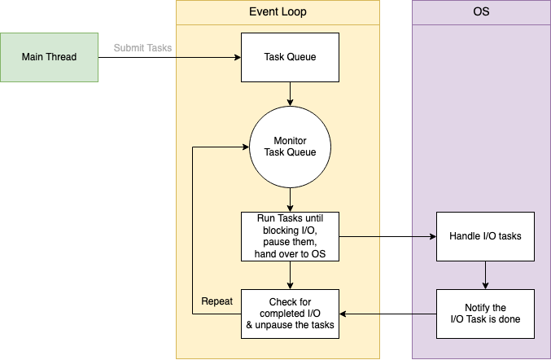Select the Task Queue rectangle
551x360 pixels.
point(290,57)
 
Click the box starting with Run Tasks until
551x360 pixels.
point(290,236)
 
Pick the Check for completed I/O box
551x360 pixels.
point(290,314)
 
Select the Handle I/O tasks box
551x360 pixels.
point(485,236)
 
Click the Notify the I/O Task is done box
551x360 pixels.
point(485,314)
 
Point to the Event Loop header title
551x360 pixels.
point(278,12)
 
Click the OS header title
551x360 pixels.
point(481,12)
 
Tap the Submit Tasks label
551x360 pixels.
point(142,48)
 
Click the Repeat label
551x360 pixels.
point(217,301)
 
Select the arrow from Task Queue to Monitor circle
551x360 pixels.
point(290,94)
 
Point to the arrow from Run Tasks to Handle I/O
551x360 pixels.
point(387,236)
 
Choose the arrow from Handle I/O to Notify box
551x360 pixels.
point(485,274)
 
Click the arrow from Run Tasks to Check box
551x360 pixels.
point(290,274)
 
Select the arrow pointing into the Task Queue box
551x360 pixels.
point(208,57)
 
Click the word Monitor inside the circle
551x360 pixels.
point(290,140)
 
